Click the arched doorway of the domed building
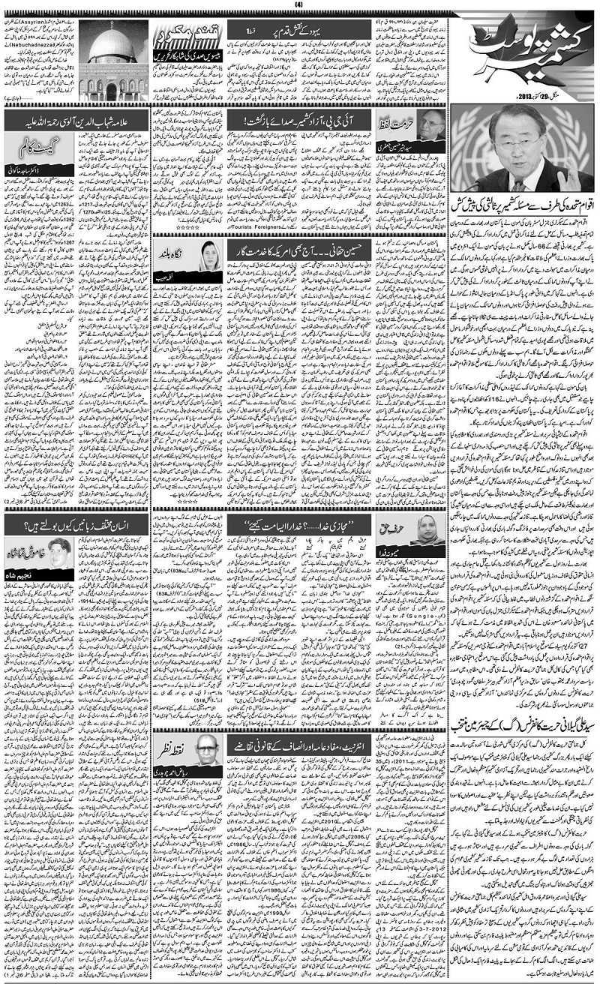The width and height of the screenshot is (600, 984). tap(111, 91)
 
